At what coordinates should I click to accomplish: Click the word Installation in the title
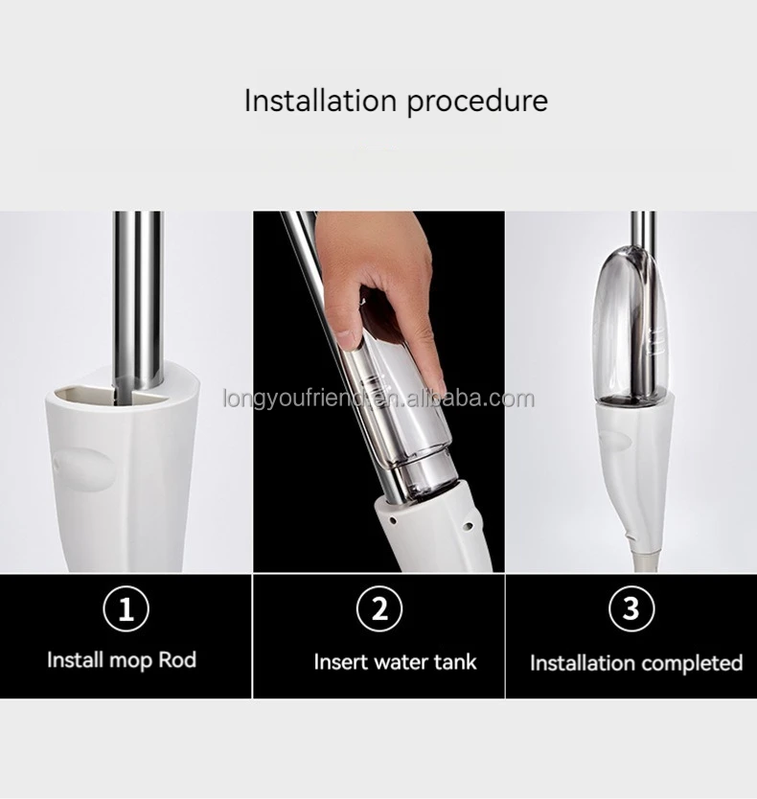[x=322, y=101]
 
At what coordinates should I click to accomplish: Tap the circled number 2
[x=378, y=608]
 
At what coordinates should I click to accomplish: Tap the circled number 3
[x=631, y=608]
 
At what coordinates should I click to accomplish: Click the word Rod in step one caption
[x=178, y=660]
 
